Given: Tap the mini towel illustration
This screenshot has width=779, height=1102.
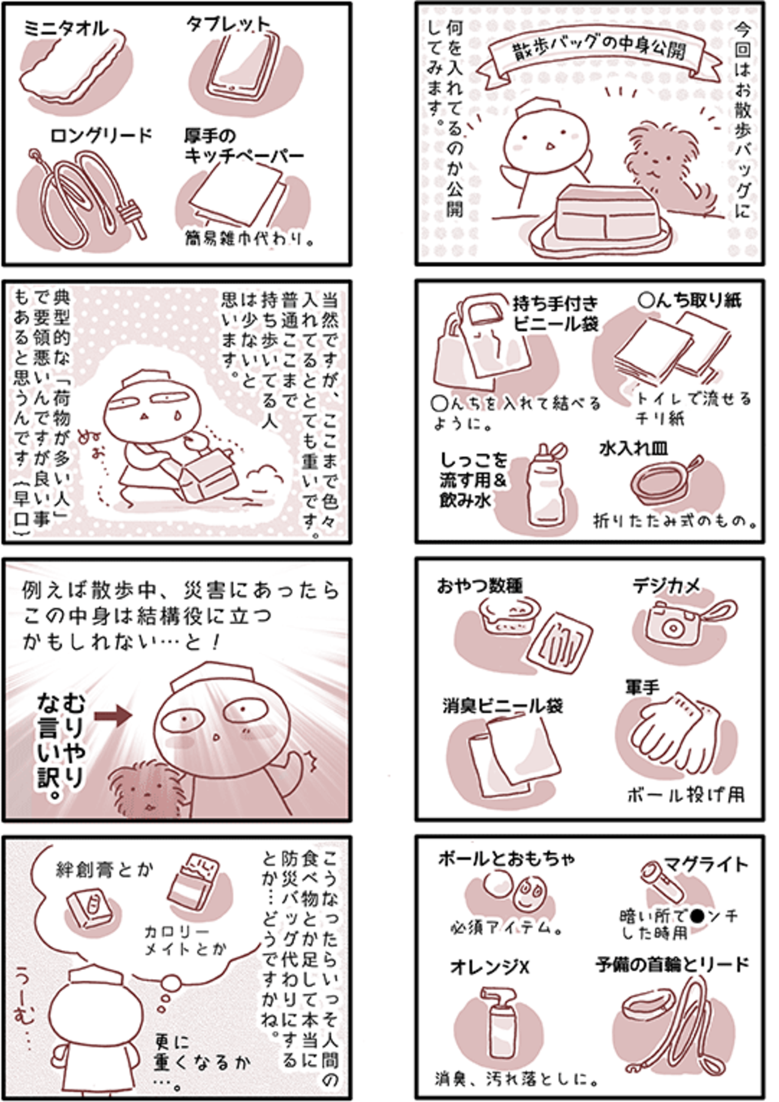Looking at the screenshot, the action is (x=75, y=66).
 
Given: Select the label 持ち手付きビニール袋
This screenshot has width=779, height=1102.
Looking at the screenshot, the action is (x=555, y=314).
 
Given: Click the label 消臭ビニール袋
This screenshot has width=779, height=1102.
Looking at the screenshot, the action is (x=502, y=706).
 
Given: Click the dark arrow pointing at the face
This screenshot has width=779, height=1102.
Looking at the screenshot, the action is (x=113, y=715).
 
